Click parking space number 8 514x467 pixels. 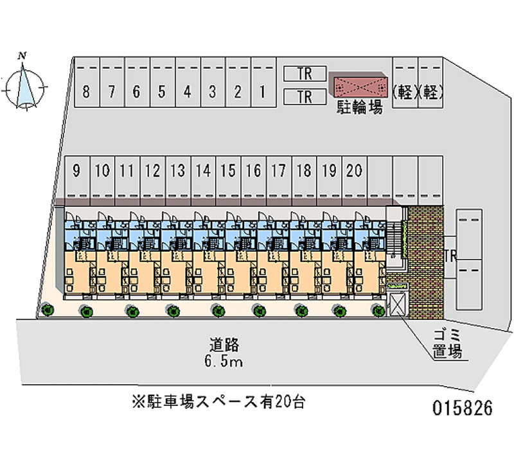tap(86, 92)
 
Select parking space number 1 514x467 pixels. tap(263, 92)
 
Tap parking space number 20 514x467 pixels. tap(354, 171)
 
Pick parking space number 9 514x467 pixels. tap(76, 171)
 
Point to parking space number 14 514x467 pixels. tap(203, 171)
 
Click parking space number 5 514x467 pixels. tap(162, 92)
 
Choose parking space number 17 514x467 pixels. tap(279, 171)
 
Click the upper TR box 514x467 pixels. tap(305, 74)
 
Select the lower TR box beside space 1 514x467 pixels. tap(305, 97)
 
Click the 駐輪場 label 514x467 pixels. tap(360, 108)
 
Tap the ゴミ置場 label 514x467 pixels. tap(447, 342)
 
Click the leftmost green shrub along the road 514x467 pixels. tap(48, 311)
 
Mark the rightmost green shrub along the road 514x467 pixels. tap(378, 311)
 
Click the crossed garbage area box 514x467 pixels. tap(395, 304)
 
